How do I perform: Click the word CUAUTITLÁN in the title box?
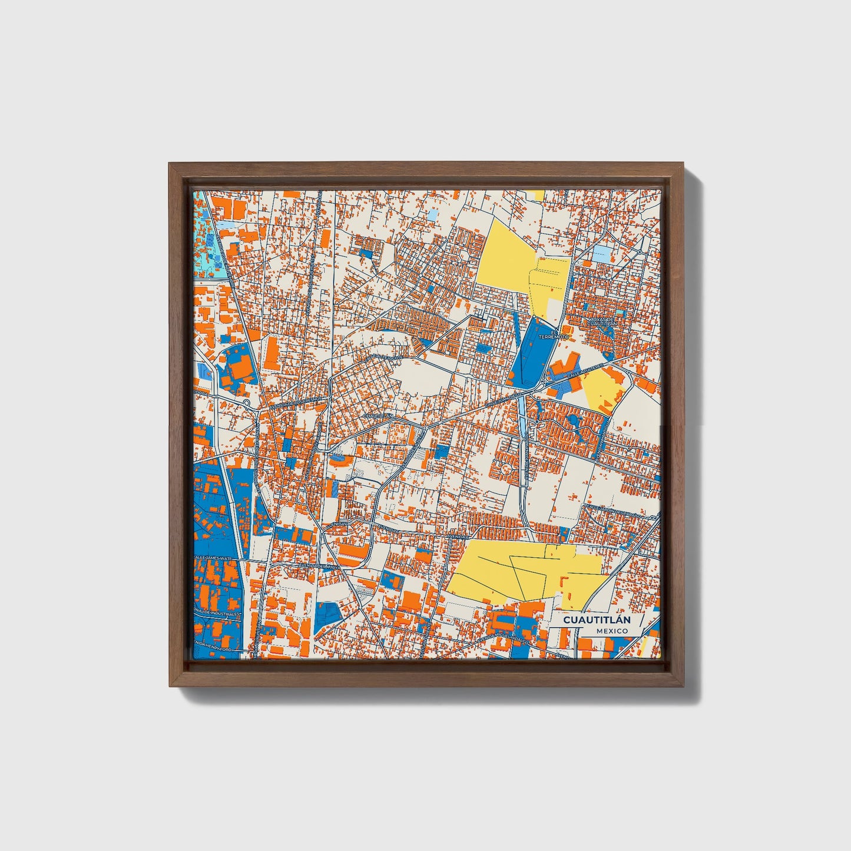[597, 620]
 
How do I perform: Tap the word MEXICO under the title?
[611, 631]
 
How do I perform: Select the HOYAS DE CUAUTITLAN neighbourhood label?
[602, 322]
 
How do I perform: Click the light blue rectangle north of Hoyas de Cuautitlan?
[601, 254]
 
